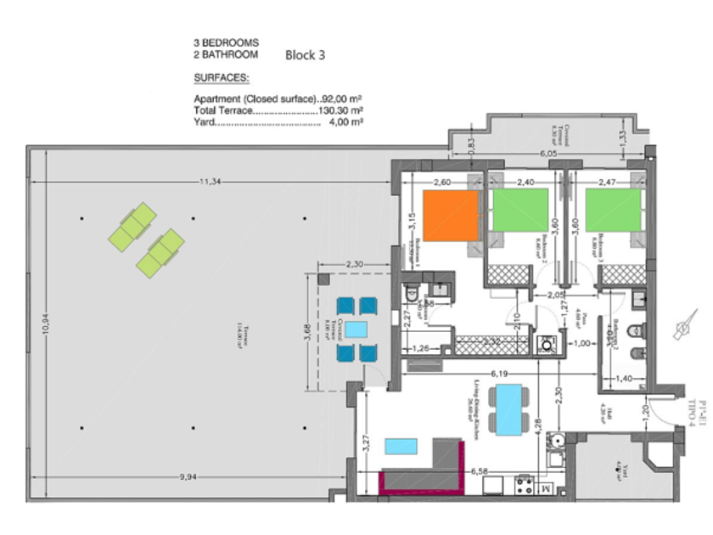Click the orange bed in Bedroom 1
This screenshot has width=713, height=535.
click(x=450, y=216)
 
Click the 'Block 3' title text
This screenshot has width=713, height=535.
click(x=306, y=55)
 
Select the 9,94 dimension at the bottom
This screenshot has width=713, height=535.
click(x=188, y=479)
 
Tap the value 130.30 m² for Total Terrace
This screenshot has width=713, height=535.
click(x=340, y=110)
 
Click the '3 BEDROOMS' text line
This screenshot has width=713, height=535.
click(x=226, y=42)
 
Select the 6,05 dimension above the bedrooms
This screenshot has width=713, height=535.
click(x=549, y=154)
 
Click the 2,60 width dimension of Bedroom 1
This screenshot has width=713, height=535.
click(x=442, y=181)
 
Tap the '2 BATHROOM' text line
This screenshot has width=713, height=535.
click(x=226, y=54)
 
